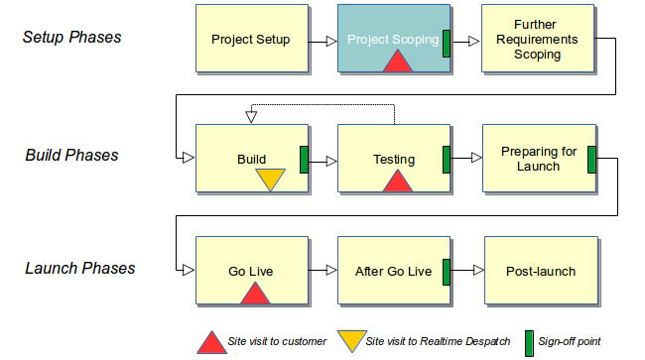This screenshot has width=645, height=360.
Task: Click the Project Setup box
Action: (x=251, y=40)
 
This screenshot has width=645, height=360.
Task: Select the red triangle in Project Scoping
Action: (x=397, y=61)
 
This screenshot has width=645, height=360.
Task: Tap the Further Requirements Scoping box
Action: (x=538, y=40)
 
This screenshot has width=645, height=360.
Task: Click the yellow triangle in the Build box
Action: (x=270, y=179)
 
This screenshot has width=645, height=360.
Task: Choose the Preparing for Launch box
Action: (x=538, y=158)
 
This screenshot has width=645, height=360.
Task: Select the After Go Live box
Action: (x=393, y=271)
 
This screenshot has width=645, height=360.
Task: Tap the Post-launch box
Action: (x=540, y=271)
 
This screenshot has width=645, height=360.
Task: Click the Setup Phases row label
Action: (x=71, y=38)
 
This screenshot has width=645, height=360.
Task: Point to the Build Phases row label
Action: (x=71, y=155)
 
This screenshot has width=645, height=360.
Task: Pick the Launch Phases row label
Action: (x=78, y=268)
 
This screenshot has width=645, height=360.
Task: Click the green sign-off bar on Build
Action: (x=305, y=159)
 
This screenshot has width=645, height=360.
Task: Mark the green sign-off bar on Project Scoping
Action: (x=447, y=42)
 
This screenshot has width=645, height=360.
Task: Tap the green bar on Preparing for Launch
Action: (x=590, y=159)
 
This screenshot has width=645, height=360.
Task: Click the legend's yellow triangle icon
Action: (x=349, y=340)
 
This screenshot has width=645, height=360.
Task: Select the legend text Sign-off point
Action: (x=570, y=341)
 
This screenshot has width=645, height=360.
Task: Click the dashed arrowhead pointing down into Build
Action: (x=251, y=118)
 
